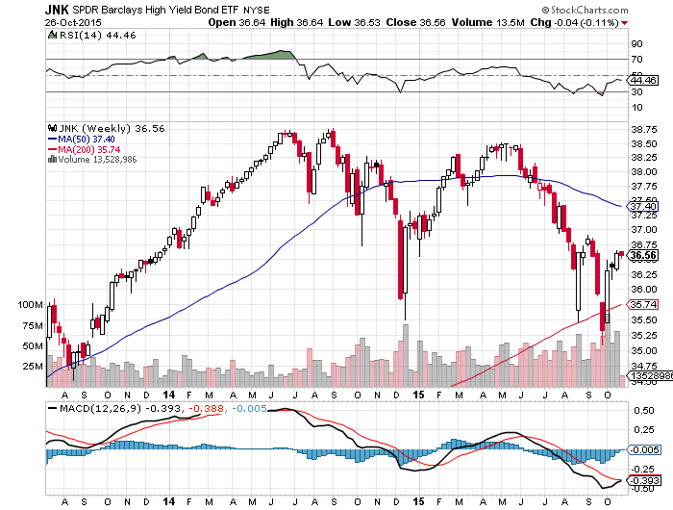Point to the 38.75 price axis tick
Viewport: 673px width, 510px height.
point(644,128)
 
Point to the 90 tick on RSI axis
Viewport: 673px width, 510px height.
point(636,43)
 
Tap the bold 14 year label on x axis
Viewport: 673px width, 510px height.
point(168,395)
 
